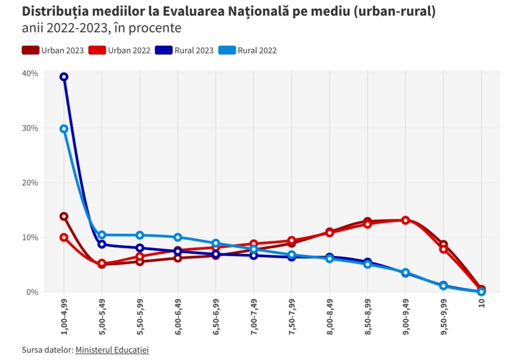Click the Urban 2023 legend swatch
[x=31, y=50]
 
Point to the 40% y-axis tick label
[x=30, y=73]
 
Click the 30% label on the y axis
[x=30, y=128]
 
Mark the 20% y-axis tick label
[x=30, y=183]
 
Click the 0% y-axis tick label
[x=32, y=292]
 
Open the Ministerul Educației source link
[x=112, y=350]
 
